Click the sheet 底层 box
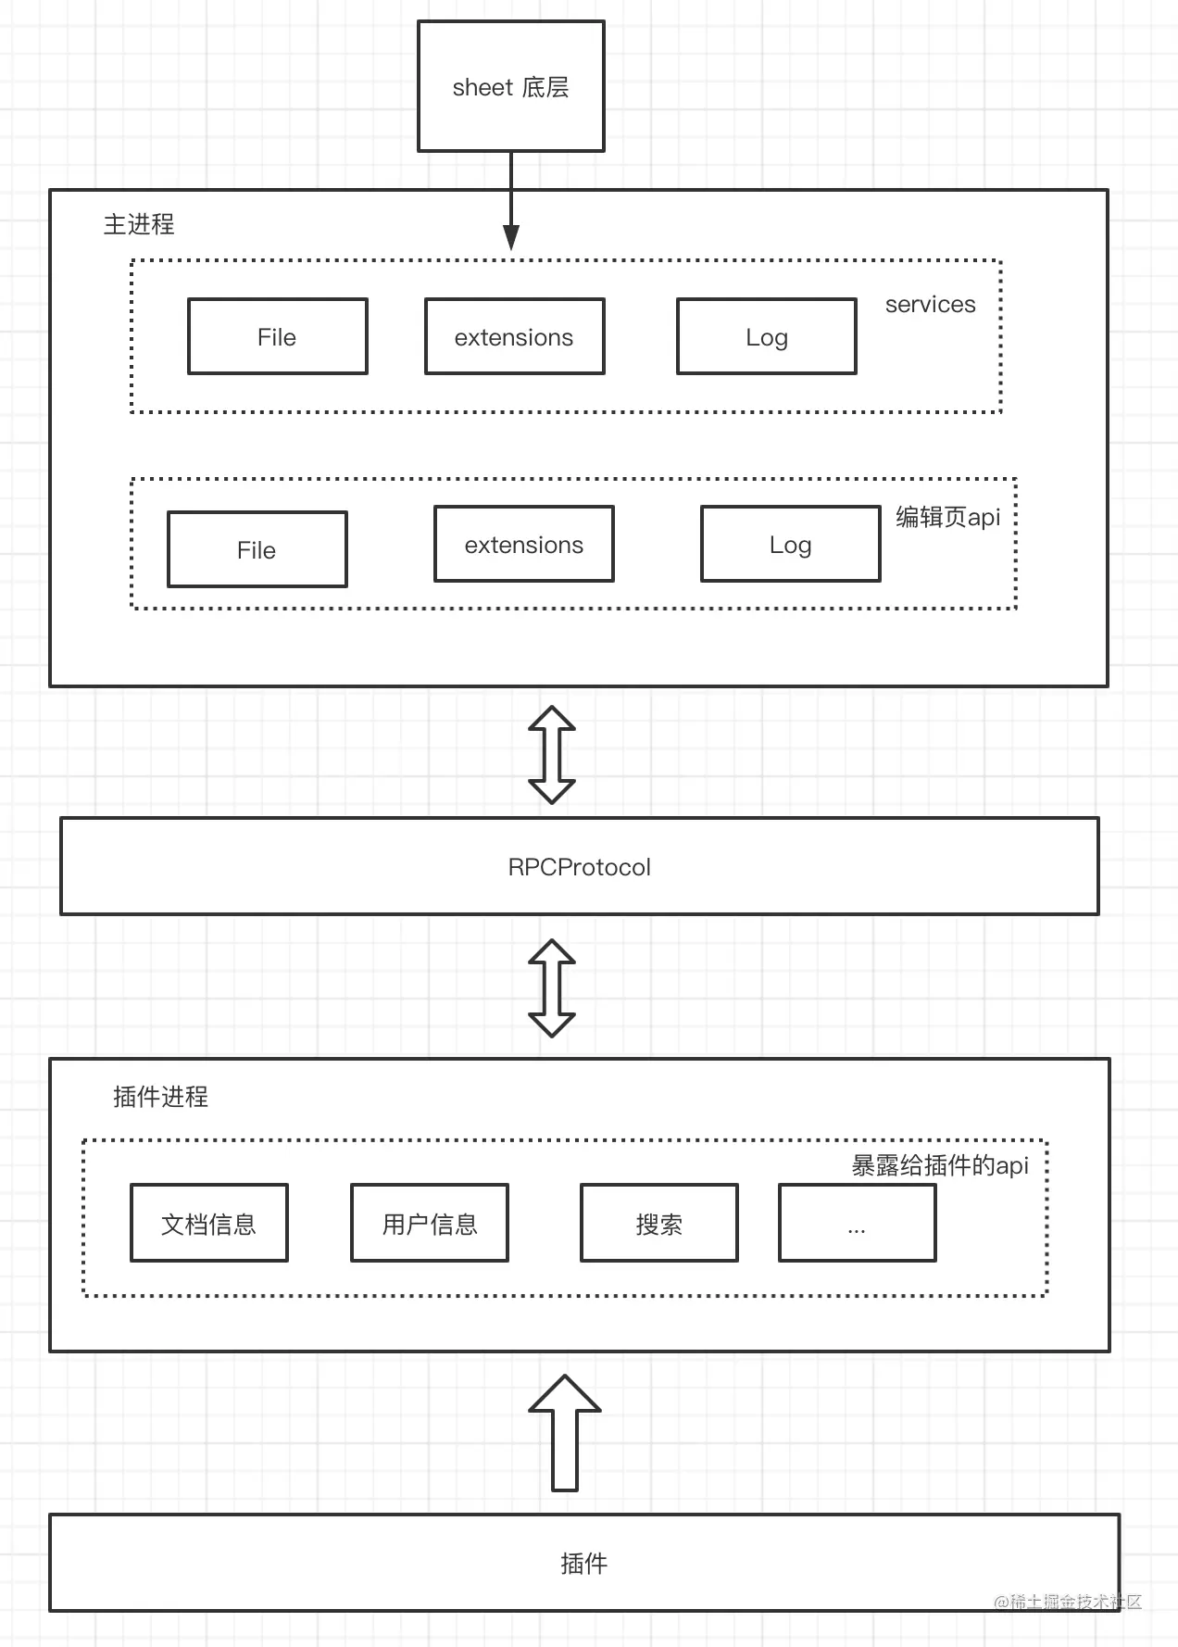[x=510, y=86]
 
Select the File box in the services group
[x=277, y=336]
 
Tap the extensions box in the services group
[x=514, y=336]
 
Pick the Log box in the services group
[x=766, y=336]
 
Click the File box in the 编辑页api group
[x=257, y=549]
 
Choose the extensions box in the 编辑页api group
[x=523, y=544]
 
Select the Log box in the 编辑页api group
[x=790, y=544]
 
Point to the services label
[x=930, y=304]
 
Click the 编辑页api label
[x=947, y=517]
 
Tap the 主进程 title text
[x=139, y=224]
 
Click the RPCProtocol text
[x=579, y=867]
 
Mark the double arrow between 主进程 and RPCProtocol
[x=552, y=754]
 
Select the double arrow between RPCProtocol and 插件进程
[x=552, y=987]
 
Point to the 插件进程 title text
[x=160, y=1097]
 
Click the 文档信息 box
[x=208, y=1223]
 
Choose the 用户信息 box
[x=429, y=1223]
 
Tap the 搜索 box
[x=658, y=1223]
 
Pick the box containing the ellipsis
[x=857, y=1223]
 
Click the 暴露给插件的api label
[x=939, y=1165]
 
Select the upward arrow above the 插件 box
[x=565, y=1432]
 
